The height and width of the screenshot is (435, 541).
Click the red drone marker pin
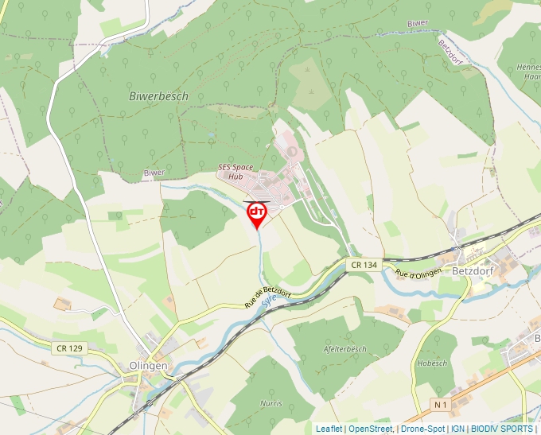tap(257, 213)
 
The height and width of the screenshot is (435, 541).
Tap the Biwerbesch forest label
tap(158, 95)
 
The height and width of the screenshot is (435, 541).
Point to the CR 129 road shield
tap(70, 348)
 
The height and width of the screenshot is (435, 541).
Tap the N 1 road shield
tap(441, 405)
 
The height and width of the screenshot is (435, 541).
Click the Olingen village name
tap(148, 366)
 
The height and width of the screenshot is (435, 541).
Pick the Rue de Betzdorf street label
tap(268, 297)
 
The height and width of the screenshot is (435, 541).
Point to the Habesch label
tap(432, 363)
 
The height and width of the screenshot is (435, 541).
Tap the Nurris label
tap(270, 403)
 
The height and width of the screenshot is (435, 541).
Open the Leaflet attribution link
tap(329, 429)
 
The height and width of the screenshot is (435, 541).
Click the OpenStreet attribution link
tap(371, 429)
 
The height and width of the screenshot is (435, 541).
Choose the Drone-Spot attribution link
tap(422, 429)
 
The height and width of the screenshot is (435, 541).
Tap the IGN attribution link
tap(457, 429)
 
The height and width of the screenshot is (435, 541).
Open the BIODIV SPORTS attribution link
tap(501, 429)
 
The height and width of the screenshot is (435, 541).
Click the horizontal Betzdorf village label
tap(473, 270)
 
